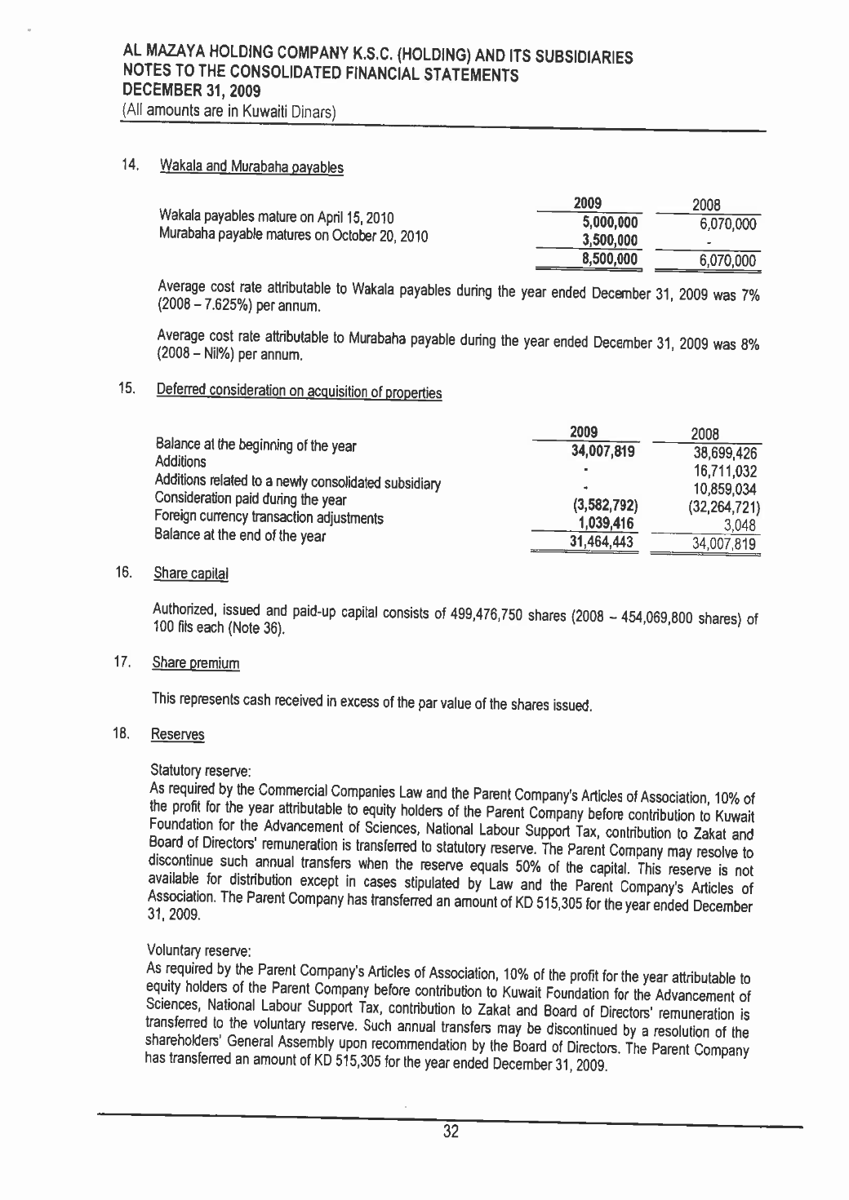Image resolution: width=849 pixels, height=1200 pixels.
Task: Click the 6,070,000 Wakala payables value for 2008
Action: (728, 224)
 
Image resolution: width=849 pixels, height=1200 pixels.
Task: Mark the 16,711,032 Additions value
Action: (725, 472)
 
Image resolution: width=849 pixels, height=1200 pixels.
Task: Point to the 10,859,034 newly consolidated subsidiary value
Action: (725, 489)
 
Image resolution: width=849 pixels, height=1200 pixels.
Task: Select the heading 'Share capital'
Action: (190, 573)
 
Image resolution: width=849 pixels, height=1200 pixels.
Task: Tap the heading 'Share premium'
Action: (196, 664)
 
